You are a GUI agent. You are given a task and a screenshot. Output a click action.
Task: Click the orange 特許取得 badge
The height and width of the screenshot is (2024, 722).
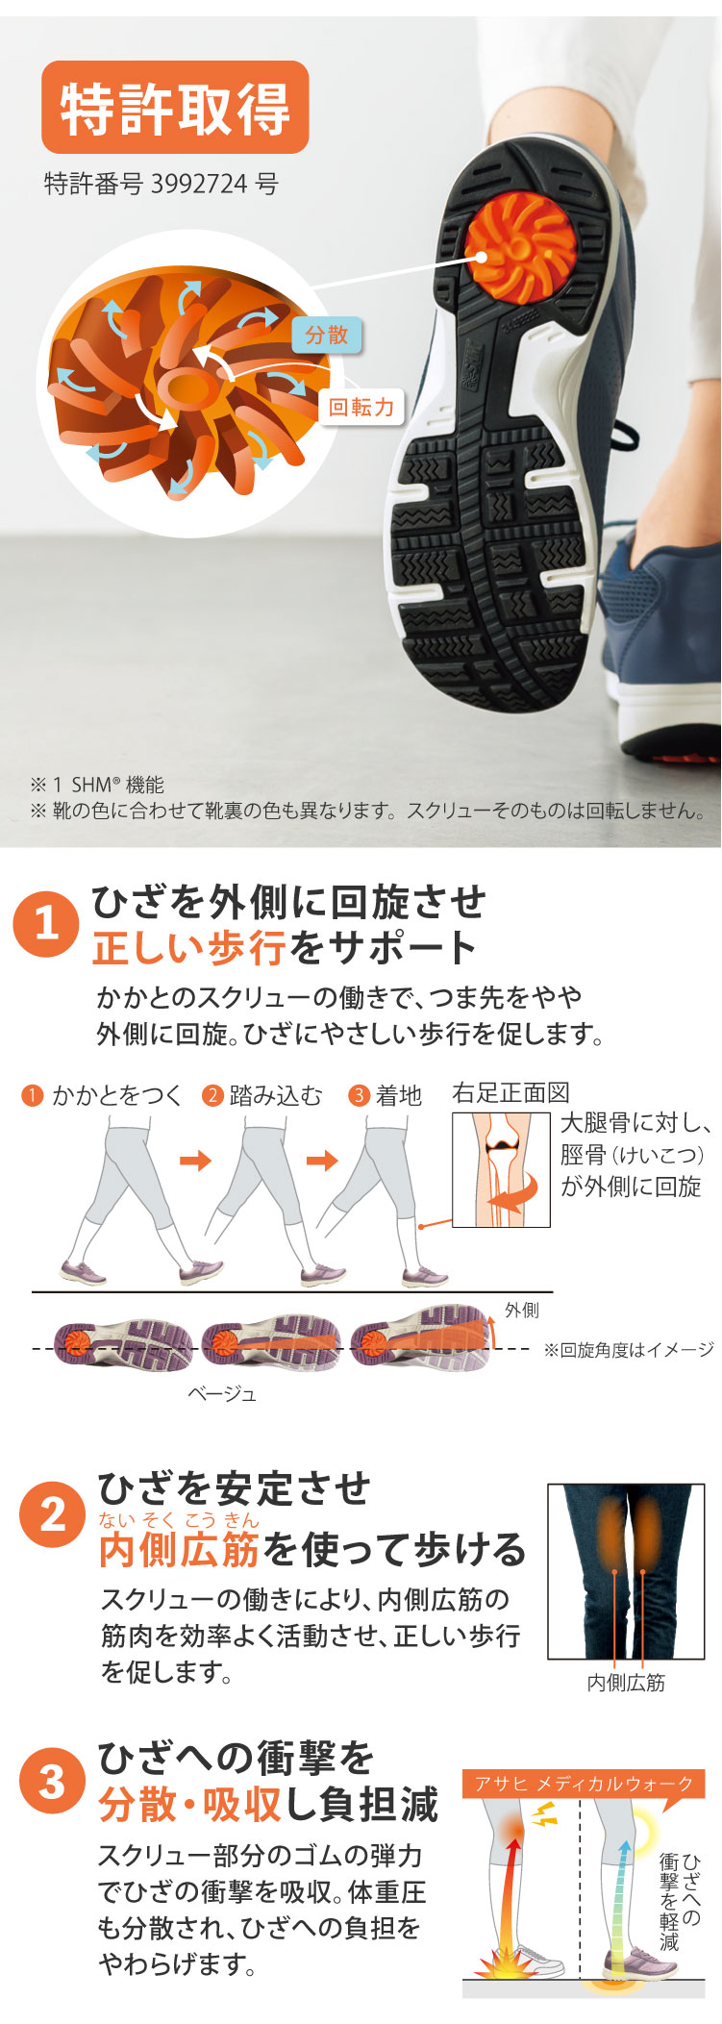[175, 108]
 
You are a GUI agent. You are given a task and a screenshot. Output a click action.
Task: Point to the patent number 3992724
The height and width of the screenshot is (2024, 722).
[200, 184]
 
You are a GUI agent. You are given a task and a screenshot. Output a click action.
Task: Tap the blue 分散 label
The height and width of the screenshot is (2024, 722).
[327, 335]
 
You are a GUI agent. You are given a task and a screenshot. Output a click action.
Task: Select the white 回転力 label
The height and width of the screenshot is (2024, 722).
[361, 407]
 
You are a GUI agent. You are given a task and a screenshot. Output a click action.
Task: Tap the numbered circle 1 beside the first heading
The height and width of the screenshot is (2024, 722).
[45, 924]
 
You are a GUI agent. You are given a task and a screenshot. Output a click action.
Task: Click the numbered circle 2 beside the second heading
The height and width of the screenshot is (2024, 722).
[53, 1514]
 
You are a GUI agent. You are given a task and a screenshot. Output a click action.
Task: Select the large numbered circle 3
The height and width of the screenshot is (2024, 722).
[53, 1781]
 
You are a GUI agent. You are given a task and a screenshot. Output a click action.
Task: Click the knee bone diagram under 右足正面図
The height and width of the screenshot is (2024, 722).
[501, 1169]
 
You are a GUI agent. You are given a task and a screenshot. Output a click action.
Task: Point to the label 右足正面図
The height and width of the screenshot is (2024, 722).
[510, 1093]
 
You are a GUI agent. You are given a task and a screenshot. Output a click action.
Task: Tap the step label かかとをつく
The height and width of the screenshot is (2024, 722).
[116, 1095]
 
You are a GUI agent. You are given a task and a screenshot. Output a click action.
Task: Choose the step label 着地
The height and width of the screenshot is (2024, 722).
[399, 1095]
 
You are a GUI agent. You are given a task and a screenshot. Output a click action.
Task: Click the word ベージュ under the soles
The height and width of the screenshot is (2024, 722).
[222, 1393]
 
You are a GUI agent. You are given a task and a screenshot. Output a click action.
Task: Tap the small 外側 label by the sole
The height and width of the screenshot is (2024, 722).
[522, 1311]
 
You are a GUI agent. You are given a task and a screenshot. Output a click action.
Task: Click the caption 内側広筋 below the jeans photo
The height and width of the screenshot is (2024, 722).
[626, 1683]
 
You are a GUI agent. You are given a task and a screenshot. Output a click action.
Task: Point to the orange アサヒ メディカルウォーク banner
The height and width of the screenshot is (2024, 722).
[584, 1784]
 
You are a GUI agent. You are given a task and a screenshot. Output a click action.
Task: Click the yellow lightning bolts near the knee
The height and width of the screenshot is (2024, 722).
[544, 1814]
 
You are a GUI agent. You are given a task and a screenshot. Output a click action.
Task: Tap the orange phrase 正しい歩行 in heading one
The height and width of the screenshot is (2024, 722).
[189, 948]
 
